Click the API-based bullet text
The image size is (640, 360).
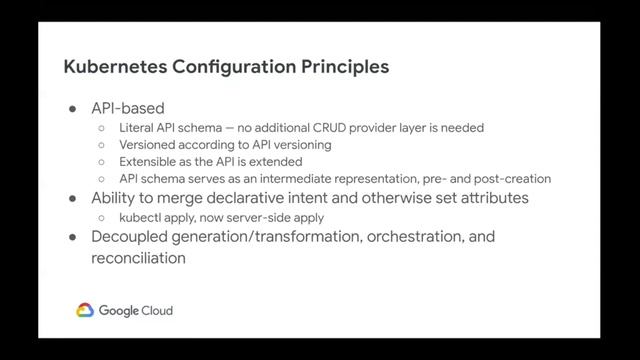pyautogui.click(x=128, y=108)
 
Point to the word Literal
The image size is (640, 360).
pyautogui.click(x=137, y=128)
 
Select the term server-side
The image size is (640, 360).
pyautogui.click(x=250, y=217)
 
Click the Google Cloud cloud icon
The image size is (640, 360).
pyautogui.click(x=85, y=311)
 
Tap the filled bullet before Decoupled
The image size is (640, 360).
pyautogui.click(x=73, y=237)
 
